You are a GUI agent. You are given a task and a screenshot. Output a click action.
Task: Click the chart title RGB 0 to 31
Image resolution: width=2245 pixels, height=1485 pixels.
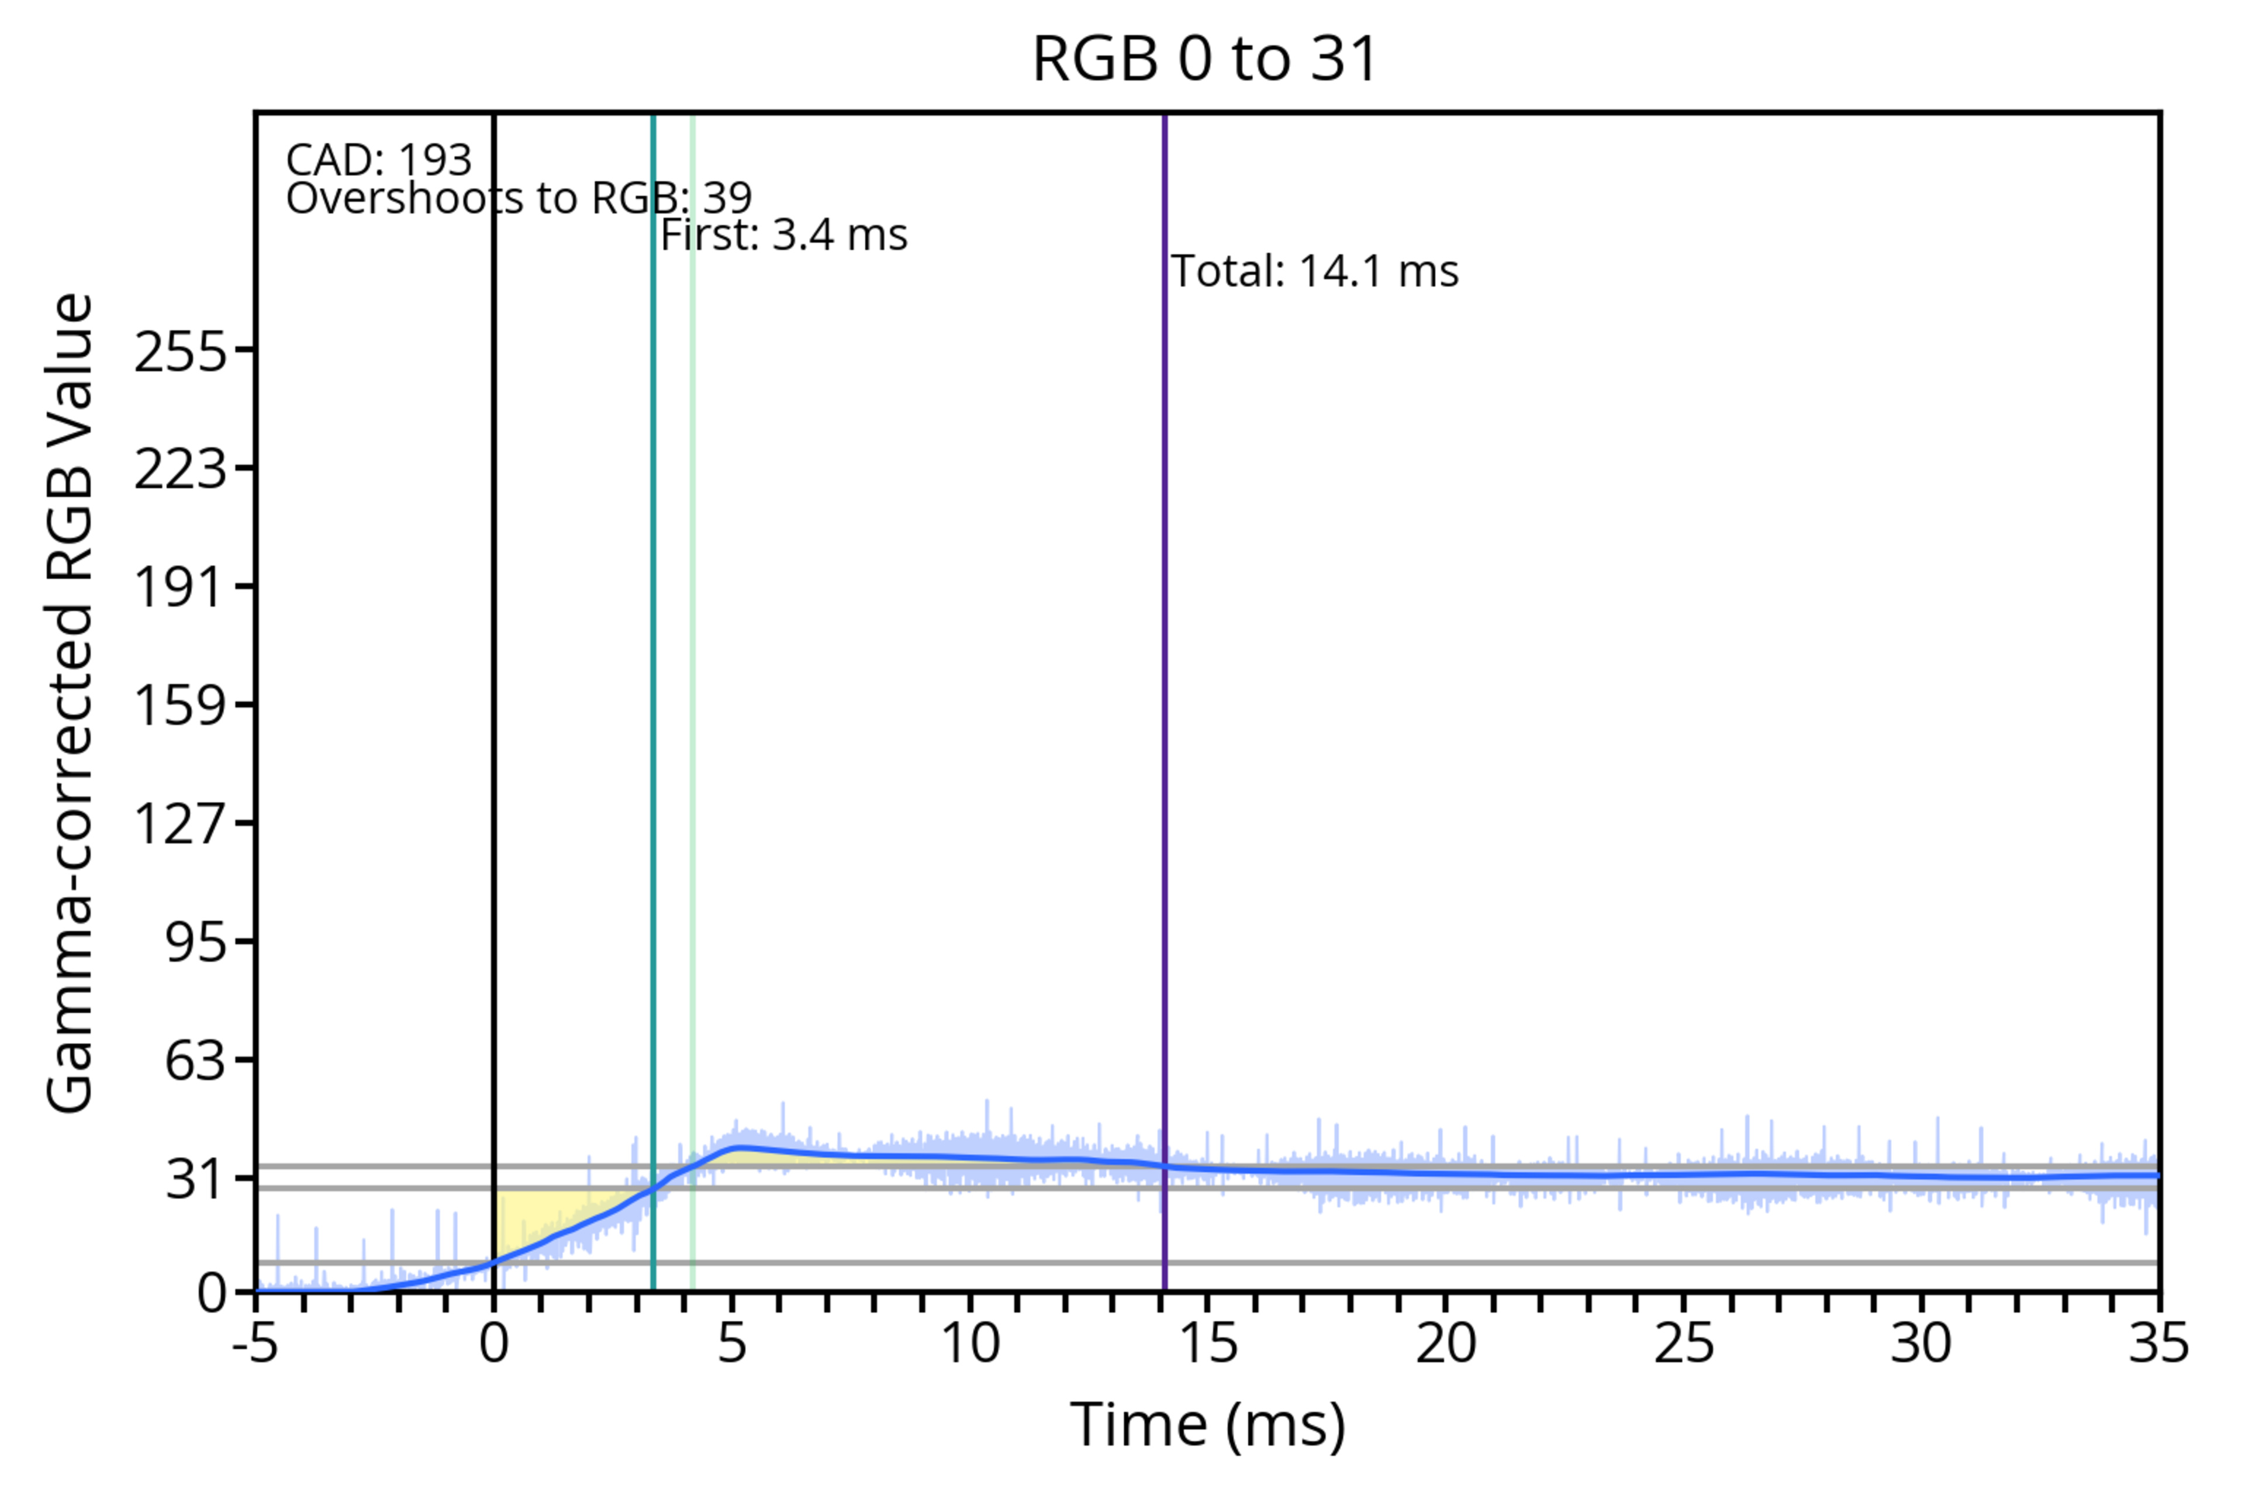(x=1204, y=58)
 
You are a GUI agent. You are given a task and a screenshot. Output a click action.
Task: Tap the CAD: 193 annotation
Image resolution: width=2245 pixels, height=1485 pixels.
(x=379, y=160)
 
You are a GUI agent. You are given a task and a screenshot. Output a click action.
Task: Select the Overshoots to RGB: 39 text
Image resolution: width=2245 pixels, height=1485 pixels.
(x=519, y=199)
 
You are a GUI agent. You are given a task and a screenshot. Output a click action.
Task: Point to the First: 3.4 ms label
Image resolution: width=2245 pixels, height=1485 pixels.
(x=784, y=235)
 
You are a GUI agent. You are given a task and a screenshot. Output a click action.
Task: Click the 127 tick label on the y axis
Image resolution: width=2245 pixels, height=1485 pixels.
(x=181, y=823)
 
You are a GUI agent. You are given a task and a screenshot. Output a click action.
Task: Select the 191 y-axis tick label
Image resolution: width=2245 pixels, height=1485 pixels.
(x=181, y=587)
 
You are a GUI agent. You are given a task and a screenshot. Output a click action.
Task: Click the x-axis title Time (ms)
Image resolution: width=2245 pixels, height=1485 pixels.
(x=1207, y=1425)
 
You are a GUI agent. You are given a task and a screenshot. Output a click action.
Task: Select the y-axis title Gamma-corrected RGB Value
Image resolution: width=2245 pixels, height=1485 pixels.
(x=71, y=703)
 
